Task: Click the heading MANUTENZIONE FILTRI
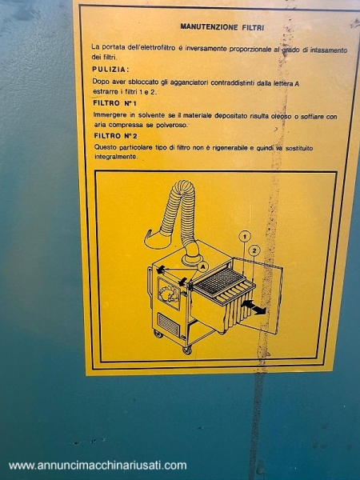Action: pos(222,27)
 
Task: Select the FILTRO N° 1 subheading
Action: pos(114,103)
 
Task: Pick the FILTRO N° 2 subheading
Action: pos(115,136)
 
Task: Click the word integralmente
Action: pos(116,157)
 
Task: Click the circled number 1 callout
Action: pos(245,236)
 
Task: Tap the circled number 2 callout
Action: pos(254,250)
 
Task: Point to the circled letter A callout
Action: pos(202,266)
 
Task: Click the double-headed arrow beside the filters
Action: pos(254,307)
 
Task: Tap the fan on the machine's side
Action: pos(169,294)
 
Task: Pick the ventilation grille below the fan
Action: pos(168,324)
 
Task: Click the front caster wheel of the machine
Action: pos(187,350)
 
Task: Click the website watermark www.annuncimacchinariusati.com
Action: pos(98,466)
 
